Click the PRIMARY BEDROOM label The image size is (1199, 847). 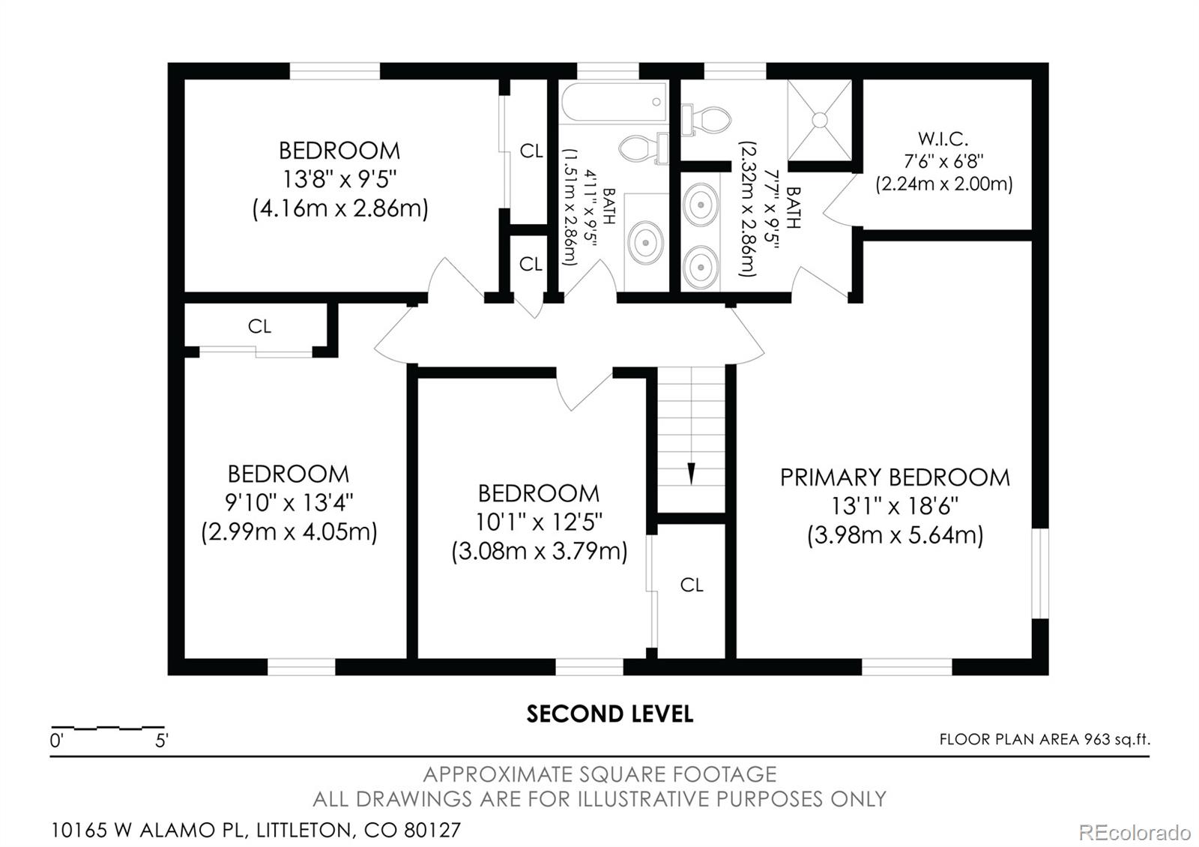(895, 477)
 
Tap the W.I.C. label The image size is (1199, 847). (943, 139)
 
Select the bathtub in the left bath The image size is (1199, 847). (613, 103)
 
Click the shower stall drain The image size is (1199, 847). (820, 120)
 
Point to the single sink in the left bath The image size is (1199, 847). (644, 242)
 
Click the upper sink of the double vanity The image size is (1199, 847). (701, 203)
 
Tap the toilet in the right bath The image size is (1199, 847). (707, 120)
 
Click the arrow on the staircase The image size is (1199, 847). (691, 473)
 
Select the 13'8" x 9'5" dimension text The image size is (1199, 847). (339, 179)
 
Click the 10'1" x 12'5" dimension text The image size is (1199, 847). (539, 522)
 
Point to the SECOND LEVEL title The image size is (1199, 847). (609, 714)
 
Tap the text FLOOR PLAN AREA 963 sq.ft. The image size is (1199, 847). (1044, 740)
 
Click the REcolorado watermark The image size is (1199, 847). (1134, 832)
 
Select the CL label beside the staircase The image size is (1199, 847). (692, 585)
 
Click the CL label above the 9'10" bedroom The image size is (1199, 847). (259, 327)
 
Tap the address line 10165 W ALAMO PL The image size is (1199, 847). (256, 831)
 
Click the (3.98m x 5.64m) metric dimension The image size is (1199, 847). (895, 536)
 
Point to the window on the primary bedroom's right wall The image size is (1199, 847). (1039, 573)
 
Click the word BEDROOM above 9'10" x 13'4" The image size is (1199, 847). (289, 474)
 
